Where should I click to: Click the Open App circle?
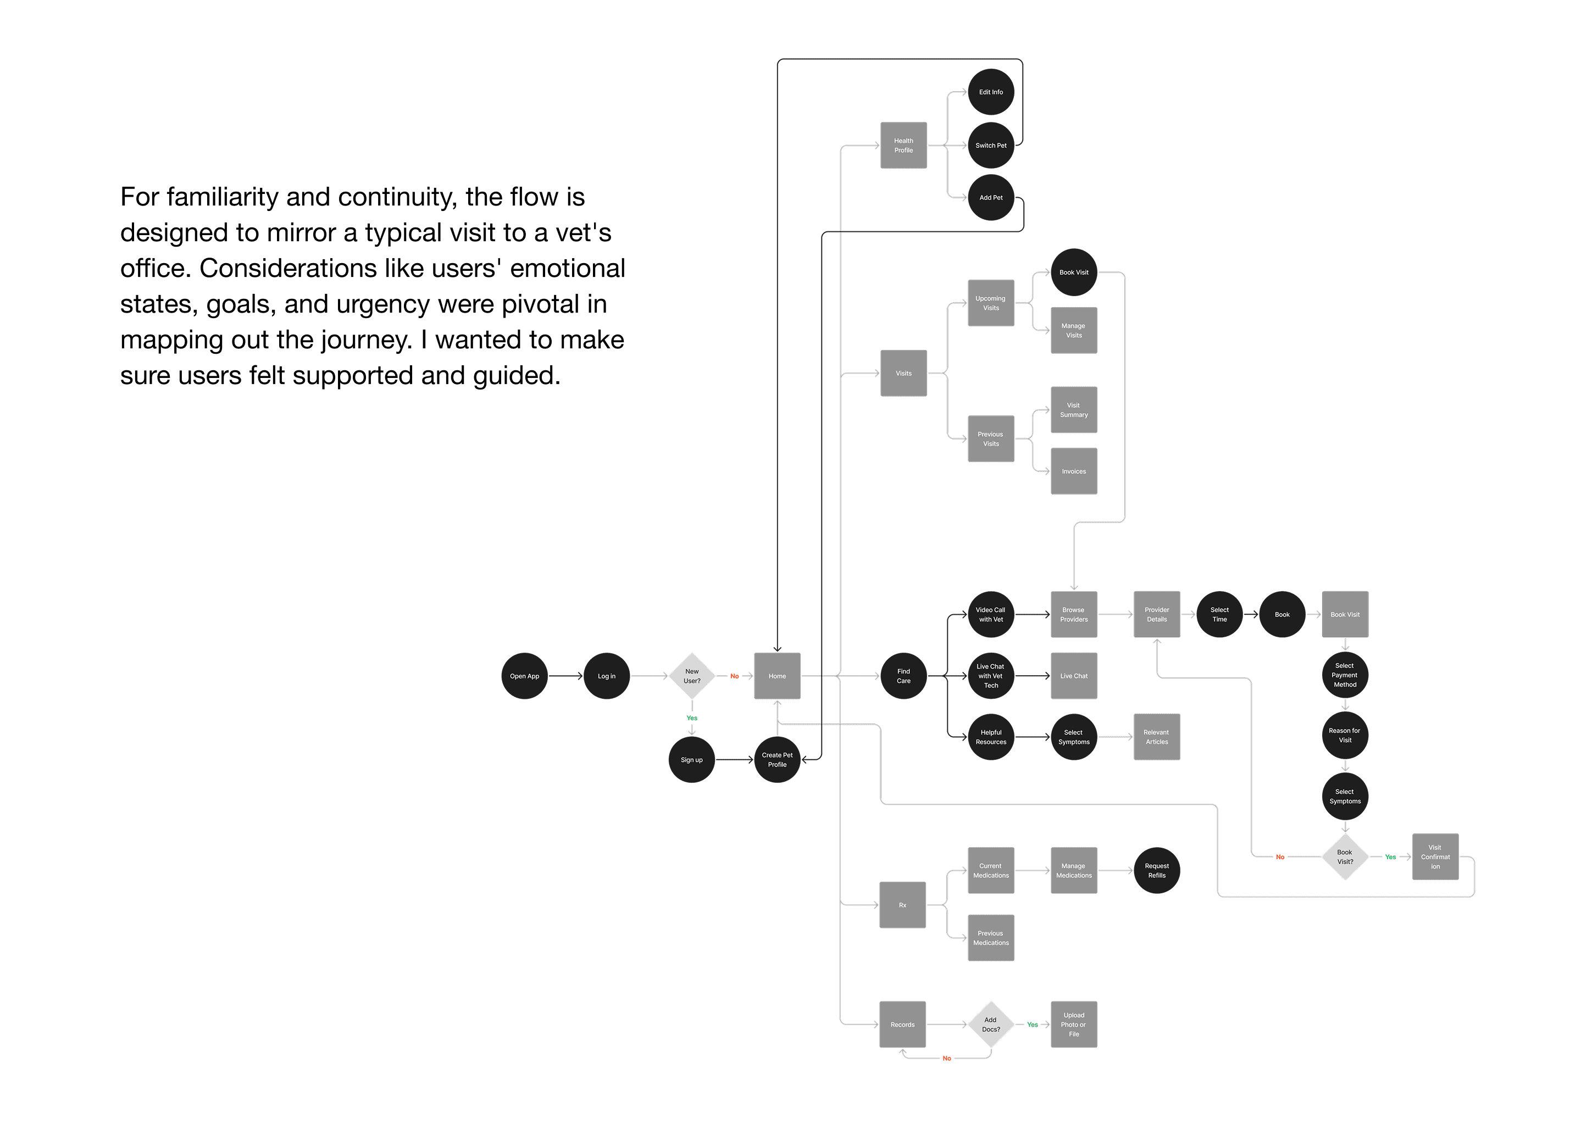click(524, 676)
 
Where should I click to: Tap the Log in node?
click(606, 676)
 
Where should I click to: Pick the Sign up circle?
click(691, 760)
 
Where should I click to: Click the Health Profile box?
click(903, 146)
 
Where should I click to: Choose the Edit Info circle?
click(991, 92)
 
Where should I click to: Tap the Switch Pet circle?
click(991, 146)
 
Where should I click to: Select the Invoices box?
click(1074, 471)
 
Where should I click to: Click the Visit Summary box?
click(1074, 410)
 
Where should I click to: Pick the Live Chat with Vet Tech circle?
click(991, 676)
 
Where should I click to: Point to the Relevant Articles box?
click(1157, 737)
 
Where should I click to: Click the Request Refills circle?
click(1157, 871)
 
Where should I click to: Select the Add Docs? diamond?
click(991, 1025)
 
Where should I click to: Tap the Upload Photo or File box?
click(1074, 1025)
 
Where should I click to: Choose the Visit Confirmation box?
click(1435, 857)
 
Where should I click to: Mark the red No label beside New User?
click(734, 676)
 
